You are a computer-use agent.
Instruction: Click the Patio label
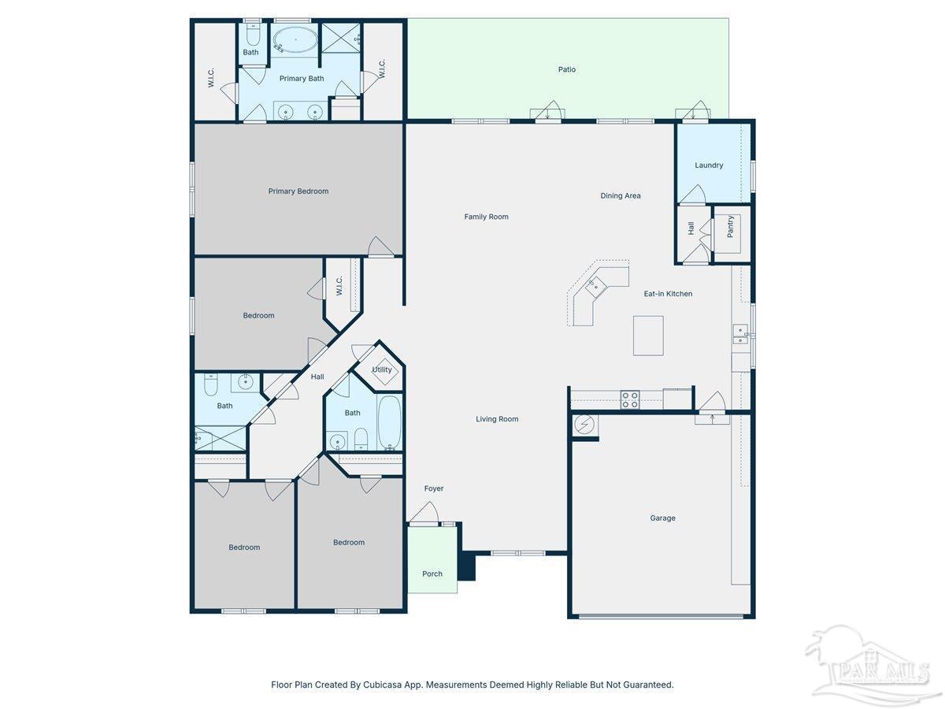(566, 69)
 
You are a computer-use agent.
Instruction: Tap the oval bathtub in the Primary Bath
(295, 40)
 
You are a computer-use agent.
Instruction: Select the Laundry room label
(709, 165)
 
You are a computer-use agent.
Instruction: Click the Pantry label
(730, 226)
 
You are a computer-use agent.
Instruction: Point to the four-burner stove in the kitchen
(629, 399)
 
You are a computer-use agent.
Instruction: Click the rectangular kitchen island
(648, 336)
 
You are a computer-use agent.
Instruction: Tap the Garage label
(662, 518)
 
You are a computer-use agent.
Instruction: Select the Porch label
(432, 574)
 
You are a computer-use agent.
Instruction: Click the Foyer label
(434, 488)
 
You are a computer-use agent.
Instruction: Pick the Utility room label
(381, 369)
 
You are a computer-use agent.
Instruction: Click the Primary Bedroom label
(298, 191)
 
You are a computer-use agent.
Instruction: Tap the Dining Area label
(621, 195)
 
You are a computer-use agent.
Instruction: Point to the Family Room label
(486, 217)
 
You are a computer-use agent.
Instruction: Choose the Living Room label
(497, 419)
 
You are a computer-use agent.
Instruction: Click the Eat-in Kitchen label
(668, 294)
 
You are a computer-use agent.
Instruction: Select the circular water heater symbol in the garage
(584, 425)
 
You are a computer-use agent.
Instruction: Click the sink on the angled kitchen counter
(595, 286)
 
